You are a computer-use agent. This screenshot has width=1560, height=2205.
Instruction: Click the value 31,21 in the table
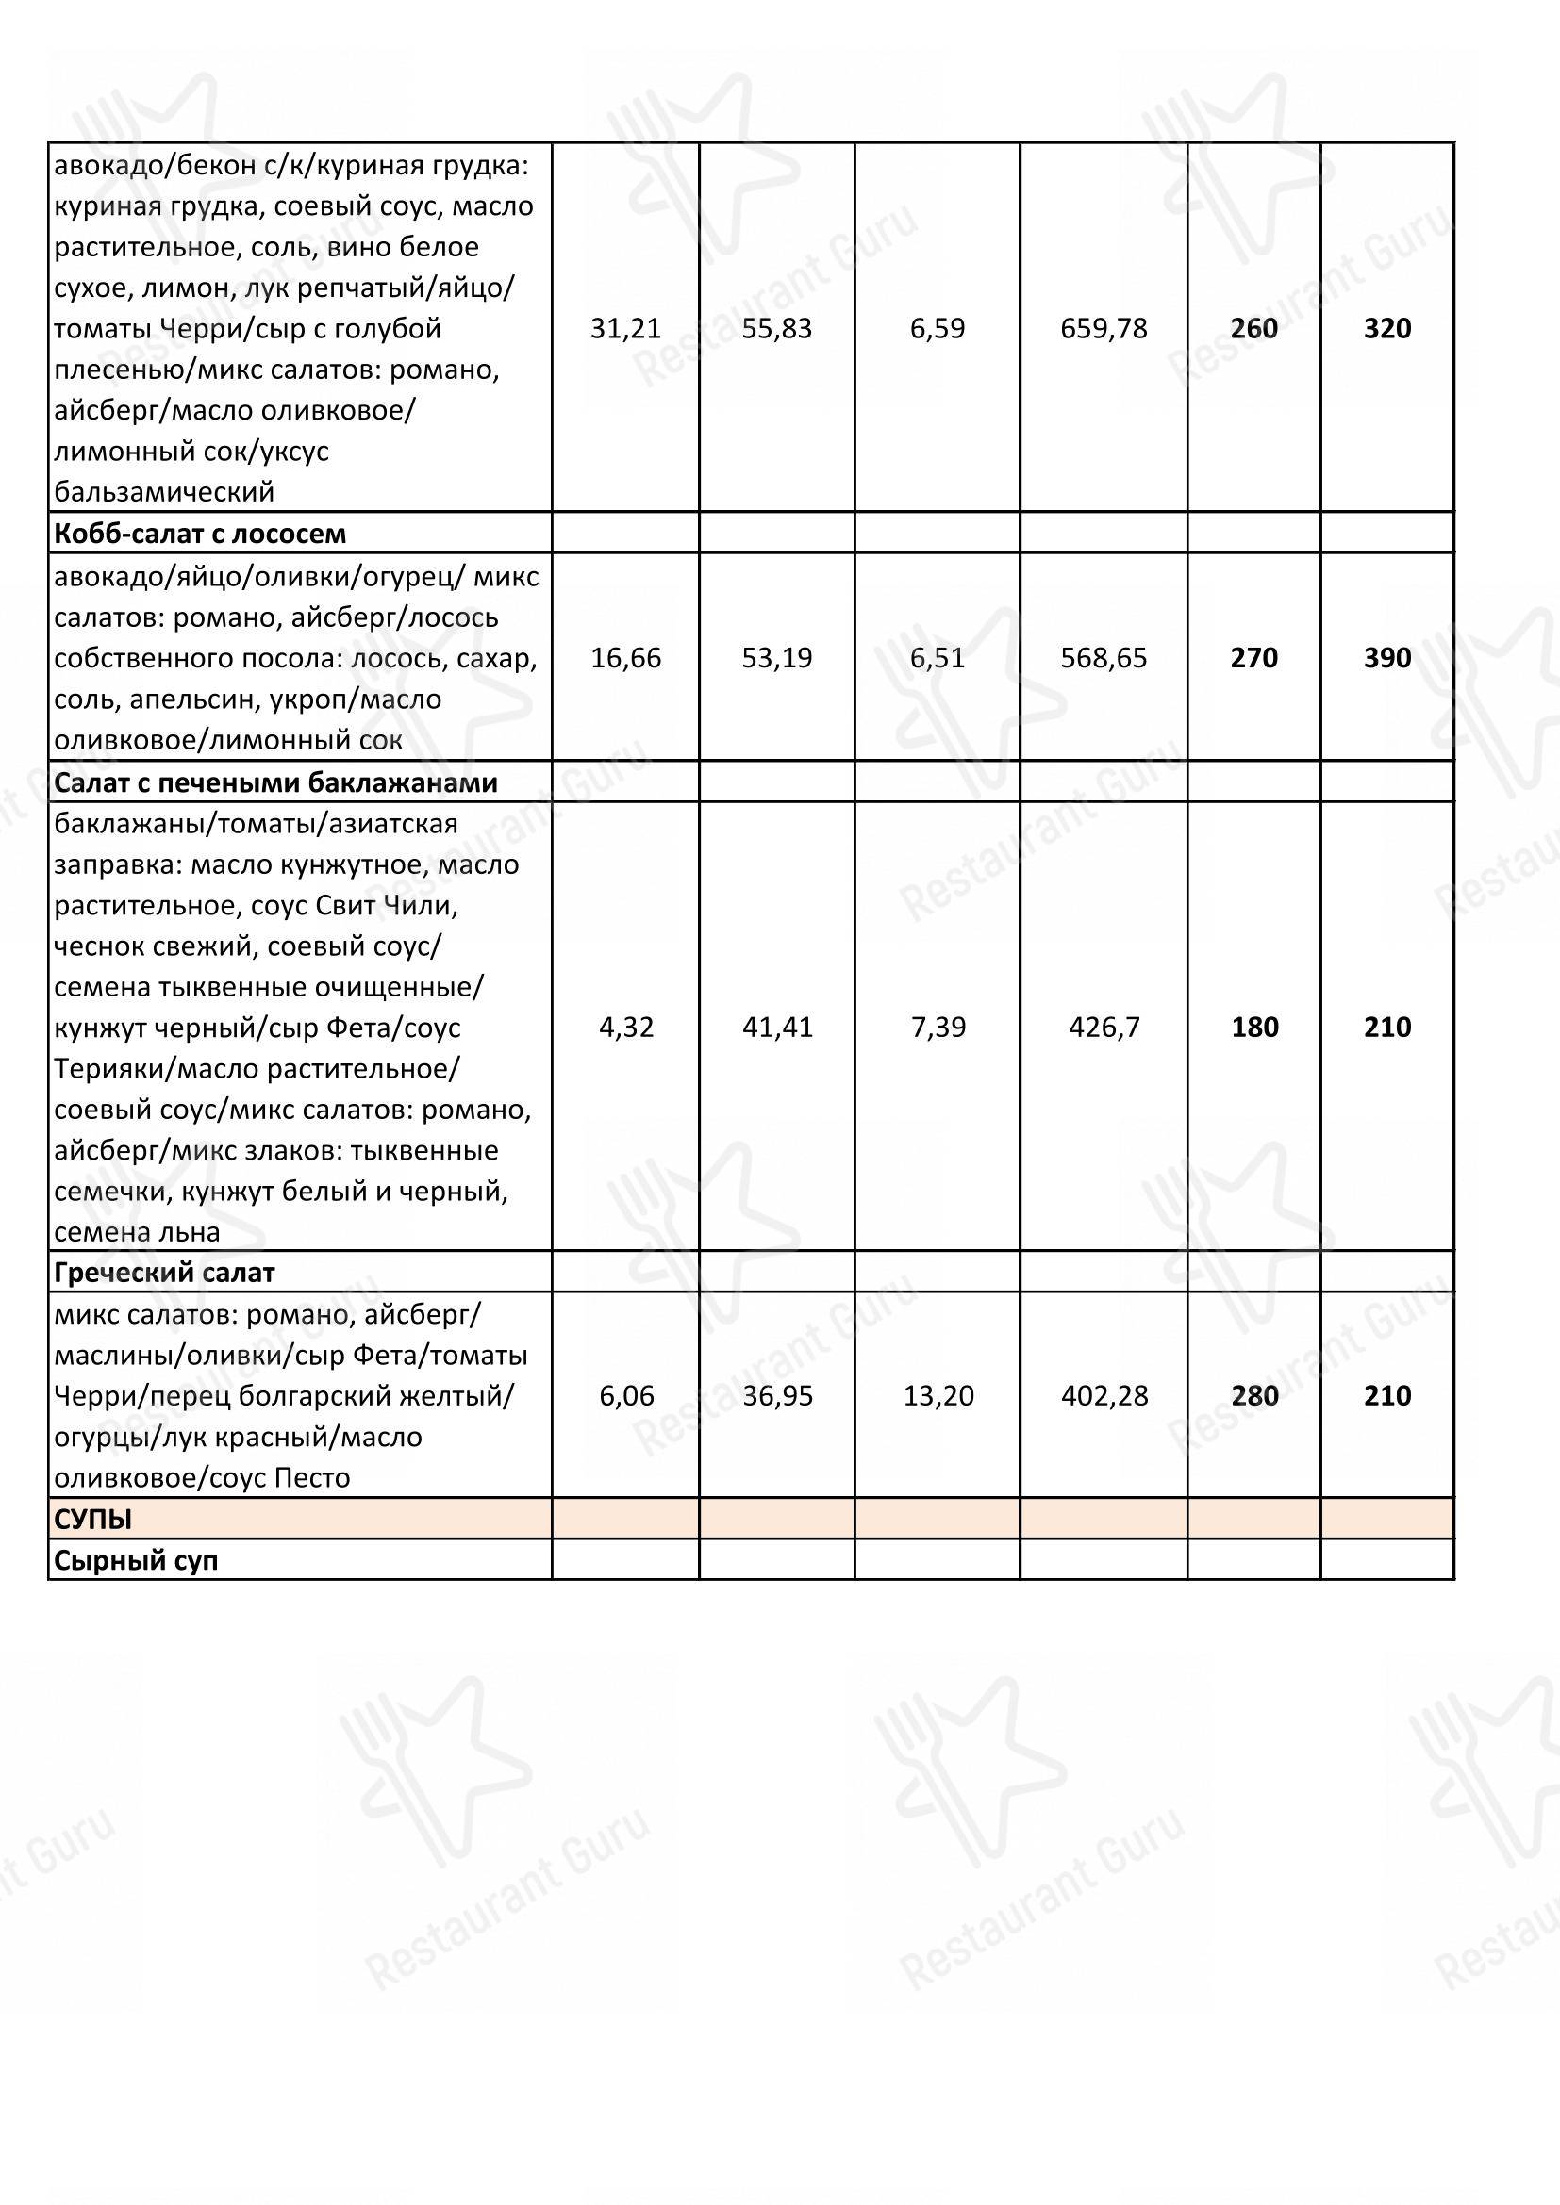click(x=625, y=328)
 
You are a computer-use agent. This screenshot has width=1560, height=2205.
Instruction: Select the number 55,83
click(x=776, y=328)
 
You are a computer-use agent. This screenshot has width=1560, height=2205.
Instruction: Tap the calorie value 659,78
click(x=1104, y=328)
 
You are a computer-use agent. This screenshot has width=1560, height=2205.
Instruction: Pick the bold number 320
click(x=1387, y=328)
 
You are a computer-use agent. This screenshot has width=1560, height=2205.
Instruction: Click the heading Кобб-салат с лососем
click(x=200, y=533)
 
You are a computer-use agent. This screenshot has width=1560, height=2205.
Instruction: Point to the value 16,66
click(x=625, y=658)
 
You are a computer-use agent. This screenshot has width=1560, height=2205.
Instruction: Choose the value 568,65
click(x=1104, y=658)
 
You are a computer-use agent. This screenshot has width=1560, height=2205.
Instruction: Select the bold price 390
click(x=1387, y=658)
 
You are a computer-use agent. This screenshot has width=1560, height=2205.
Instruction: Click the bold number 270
click(x=1253, y=658)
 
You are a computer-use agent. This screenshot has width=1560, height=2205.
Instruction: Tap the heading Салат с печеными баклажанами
click(x=275, y=782)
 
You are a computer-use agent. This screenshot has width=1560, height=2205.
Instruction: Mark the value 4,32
click(x=625, y=1027)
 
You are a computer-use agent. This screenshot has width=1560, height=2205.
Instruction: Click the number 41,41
click(x=776, y=1027)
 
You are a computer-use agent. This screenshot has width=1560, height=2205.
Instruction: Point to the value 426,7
click(x=1104, y=1027)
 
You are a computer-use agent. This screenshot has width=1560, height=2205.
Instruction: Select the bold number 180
click(x=1253, y=1027)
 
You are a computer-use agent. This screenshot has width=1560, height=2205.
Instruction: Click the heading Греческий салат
click(x=164, y=1273)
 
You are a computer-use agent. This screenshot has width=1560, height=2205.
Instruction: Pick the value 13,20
click(x=938, y=1395)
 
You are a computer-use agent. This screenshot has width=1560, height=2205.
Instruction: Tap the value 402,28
click(x=1104, y=1395)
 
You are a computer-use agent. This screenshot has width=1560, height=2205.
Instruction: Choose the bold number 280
click(x=1253, y=1395)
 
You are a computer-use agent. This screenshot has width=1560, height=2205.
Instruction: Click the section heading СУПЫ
click(x=93, y=1520)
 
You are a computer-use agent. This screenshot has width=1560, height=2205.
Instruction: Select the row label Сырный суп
click(x=136, y=1560)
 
